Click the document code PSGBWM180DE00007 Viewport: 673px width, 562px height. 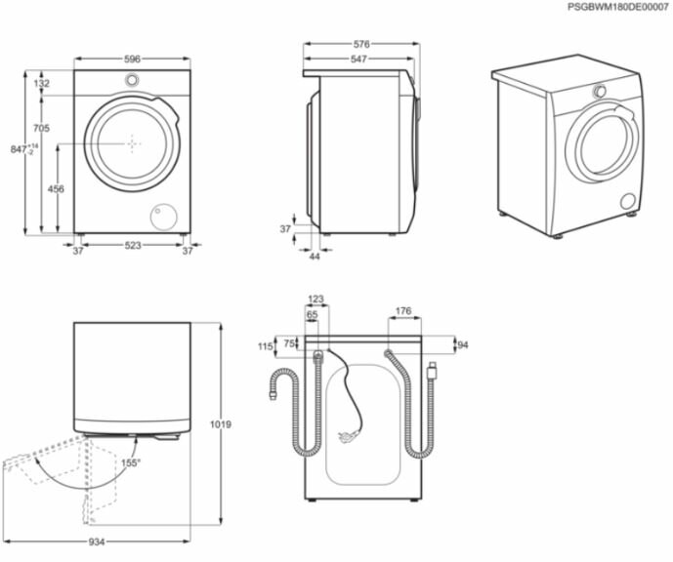click(617, 7)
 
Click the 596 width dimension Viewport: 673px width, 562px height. click(132, 60)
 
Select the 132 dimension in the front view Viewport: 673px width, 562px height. click(41, 85)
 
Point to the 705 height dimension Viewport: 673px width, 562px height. click(41, 129)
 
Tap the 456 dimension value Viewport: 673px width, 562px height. click(57, 189)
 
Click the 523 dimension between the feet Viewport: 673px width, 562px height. click(132, 245)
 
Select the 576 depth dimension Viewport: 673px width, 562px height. click(360, 45)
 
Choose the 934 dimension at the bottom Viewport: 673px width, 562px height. click(96, 542)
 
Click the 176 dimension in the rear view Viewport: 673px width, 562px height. click(402, 312)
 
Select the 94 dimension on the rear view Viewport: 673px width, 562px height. click(463, 344)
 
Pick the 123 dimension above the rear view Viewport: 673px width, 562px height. click(315, 300)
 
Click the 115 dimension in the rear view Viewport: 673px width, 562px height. click(264, 346)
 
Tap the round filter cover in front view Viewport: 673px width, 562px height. click(162, 215)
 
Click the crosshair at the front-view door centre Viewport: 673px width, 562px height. click(132, 142)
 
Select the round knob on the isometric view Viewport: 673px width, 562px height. click(600, 91)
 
